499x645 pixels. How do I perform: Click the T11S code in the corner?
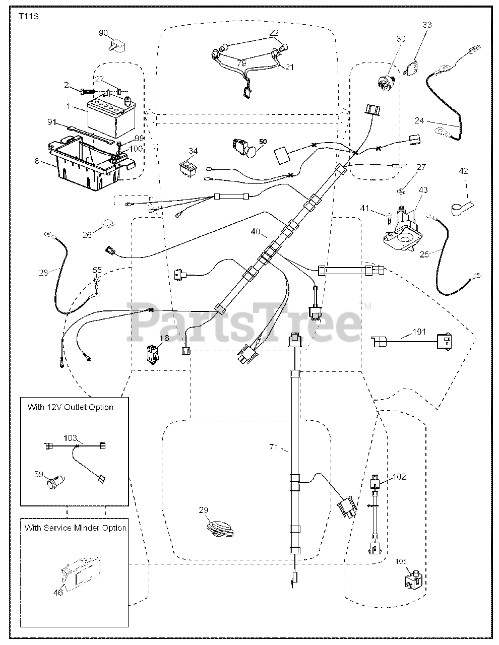point(29,16)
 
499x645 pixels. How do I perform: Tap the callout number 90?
point(103,33)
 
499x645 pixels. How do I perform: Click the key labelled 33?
point(413,67)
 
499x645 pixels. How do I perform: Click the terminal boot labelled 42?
point(462,208)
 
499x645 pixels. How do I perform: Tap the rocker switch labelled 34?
point(188,168)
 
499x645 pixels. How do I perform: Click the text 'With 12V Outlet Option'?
point(71,407)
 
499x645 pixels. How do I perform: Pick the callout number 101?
point(419,332)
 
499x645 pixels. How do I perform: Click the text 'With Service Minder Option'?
point(76,528)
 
